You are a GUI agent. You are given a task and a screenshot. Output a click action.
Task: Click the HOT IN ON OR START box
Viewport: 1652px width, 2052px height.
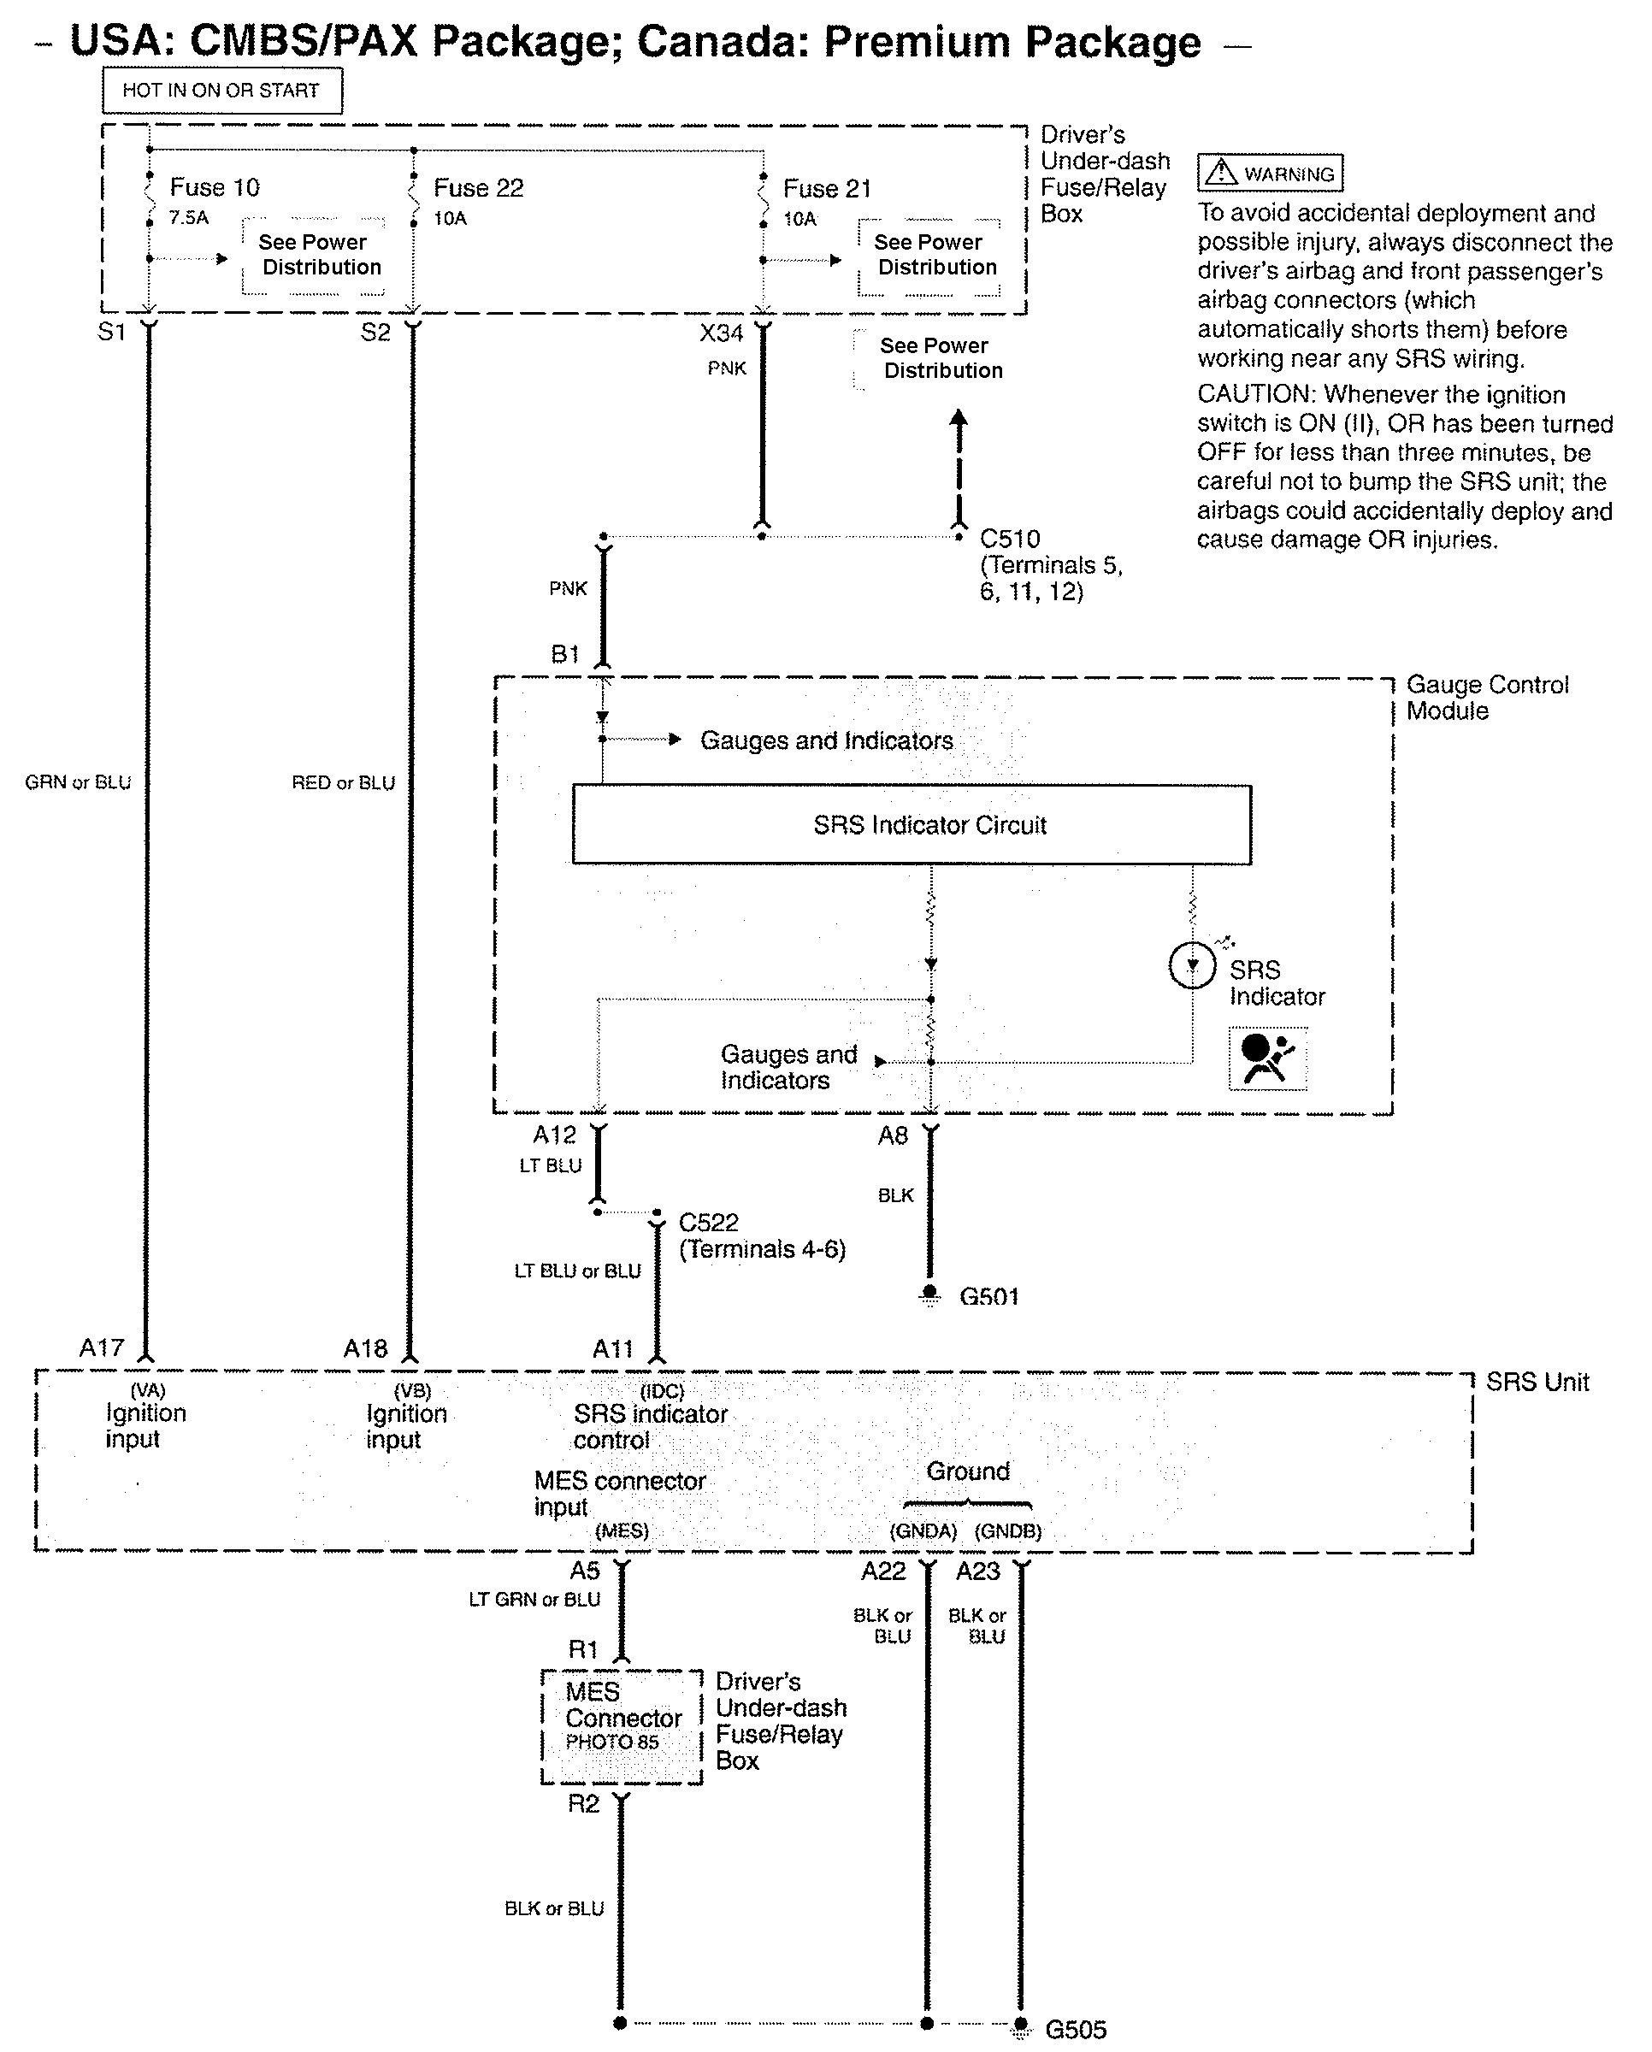(221, 91)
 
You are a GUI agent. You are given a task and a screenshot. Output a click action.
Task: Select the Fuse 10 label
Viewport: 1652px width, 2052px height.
(214, 187)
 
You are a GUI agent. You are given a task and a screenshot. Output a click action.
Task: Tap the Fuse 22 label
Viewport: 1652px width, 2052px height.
(479, 187)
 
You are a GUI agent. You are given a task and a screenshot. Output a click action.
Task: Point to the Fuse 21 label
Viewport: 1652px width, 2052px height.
(827, 188)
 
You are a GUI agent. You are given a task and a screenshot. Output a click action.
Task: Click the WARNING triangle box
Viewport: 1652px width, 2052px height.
(1270, 174)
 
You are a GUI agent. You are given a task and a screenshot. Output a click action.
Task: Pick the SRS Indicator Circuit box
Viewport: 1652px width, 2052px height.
(911, 824)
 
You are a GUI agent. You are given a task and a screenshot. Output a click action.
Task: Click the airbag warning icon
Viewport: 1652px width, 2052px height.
(1267, 1058)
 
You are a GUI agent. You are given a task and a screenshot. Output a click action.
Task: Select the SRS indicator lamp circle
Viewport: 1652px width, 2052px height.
(1191, 966)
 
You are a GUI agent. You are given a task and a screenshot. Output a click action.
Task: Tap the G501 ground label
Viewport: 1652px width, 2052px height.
(988, 1296)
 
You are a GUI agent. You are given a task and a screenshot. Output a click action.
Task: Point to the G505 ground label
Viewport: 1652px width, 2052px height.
(1076, 2029)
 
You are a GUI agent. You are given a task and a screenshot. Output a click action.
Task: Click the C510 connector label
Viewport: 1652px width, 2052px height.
(1010, 539)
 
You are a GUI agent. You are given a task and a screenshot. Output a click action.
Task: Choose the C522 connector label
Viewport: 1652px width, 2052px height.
(708, 1222)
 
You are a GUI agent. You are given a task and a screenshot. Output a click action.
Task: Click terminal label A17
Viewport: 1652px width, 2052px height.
(102, 1347)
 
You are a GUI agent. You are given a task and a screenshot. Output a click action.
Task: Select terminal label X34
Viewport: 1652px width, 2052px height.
(722, 333)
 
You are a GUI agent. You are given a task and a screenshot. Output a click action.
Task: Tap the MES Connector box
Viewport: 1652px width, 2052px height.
(622, 1725)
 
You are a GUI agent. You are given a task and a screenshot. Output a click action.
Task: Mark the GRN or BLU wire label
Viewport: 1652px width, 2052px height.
(78, 782)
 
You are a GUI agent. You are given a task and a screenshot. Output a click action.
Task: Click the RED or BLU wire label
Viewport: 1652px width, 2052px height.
(343, 782)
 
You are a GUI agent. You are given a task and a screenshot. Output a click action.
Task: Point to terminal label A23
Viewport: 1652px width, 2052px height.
(978, 1571)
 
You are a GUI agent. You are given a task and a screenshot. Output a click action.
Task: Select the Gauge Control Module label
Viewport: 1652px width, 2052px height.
(1486, 698)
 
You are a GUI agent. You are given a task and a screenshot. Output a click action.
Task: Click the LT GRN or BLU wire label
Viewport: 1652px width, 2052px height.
(534, 1600)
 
